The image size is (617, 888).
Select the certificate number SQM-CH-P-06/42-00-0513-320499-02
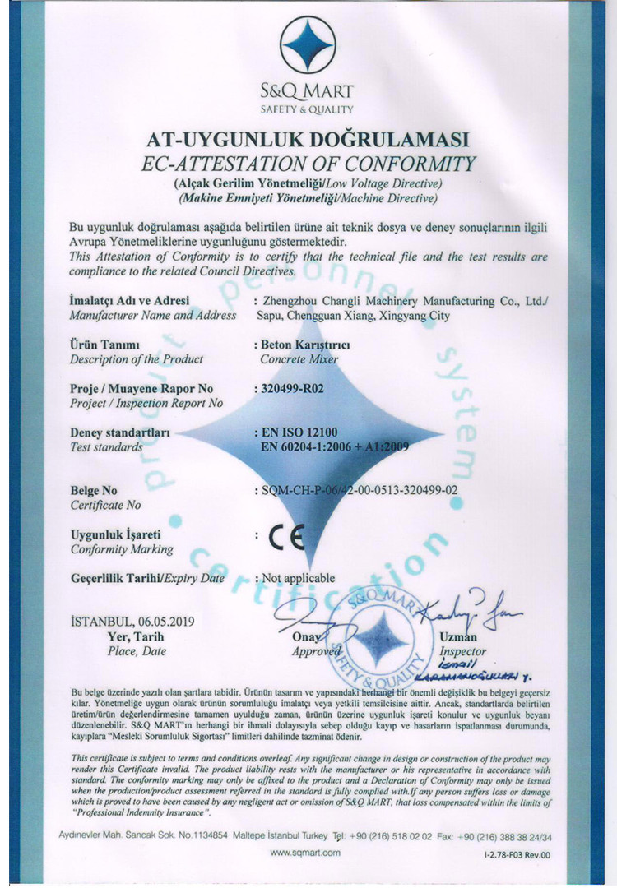point(358,490)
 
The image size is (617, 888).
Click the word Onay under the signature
point(305,636)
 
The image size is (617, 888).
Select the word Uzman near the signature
point(458,636)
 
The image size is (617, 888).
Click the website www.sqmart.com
point(305,853)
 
